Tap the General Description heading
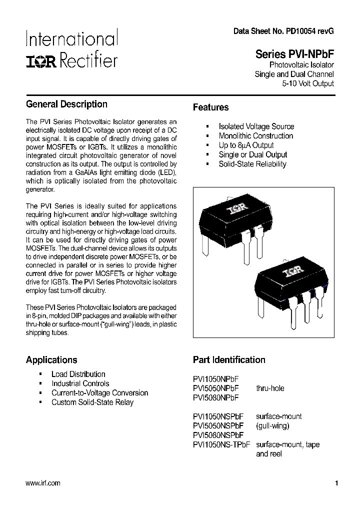(x=66, y=104)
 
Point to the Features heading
(x=210, y=107)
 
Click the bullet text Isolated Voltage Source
(x=256, y=126)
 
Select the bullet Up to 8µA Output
(x=246, y=145)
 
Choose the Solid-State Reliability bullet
(x=252, y=164)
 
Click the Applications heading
(x=51, y=360)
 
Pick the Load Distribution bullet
(x=78, y=374)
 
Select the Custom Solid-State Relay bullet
(x=92, y=402)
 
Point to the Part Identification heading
(x=229, y=360)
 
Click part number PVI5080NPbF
(x=215, y=397)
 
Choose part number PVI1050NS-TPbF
(x=221, y=444)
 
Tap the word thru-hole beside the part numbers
(x=270, y=388)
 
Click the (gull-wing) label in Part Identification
(x=272, y=425)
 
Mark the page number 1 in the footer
(x=336, y=483)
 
